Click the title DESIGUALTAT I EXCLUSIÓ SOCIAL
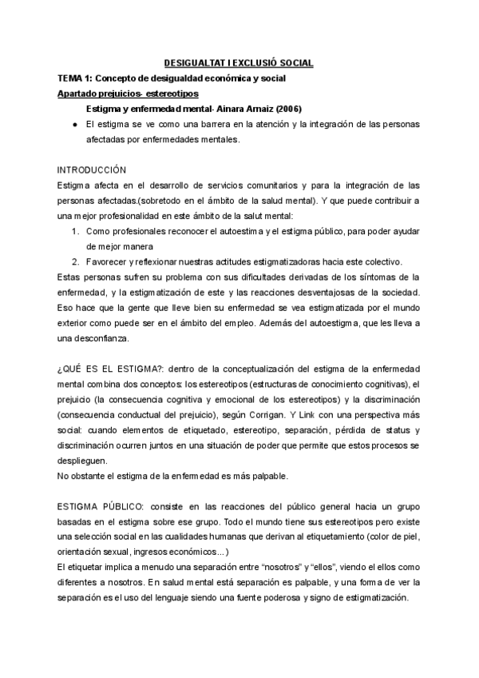click(x=239, y=62)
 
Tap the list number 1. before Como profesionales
click(x=74, y=231)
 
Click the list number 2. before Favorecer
click(x=74, y=262)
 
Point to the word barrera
click(x=203, y=125)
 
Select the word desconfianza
click(x=105, y=338)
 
